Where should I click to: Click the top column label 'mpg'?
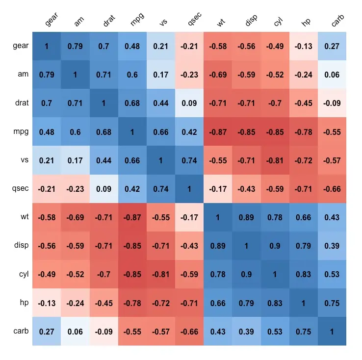tap(137, 21)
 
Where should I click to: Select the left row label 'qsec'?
tap(21, 189)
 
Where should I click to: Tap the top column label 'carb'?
tap(337, 20)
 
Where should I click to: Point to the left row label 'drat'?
tap(22, 103)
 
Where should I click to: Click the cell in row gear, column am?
tap(75, 47)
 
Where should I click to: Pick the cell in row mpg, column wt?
tap(218, 132)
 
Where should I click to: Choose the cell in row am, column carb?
tap(332, 75)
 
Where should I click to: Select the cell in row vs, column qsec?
tap(189, 160)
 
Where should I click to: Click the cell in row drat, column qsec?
tap(189, 103)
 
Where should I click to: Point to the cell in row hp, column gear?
tap(47, 303)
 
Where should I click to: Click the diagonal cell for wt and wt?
tap(218, 217)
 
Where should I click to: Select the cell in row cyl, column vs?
tap(161, 274)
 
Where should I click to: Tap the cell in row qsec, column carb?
tap(332, 189)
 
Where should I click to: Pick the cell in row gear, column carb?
tap(332, 47)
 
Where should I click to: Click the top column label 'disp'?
tap(251, 21)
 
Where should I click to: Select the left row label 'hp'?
tap(24, 303)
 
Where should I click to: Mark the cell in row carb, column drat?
tap(103, 331)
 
